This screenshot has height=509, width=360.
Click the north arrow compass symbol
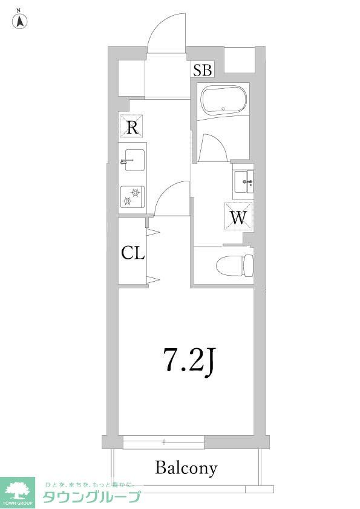20,22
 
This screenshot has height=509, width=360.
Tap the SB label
203,71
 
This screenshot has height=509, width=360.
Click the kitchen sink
133,161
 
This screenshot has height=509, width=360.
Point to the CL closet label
133,253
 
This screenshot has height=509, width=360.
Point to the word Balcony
186,467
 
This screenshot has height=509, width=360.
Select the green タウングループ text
91,497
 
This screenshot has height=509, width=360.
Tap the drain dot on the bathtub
223,109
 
